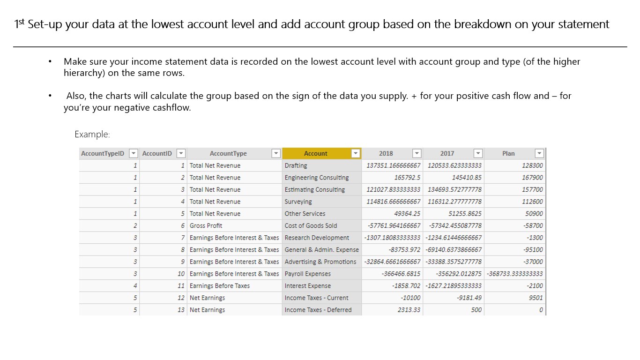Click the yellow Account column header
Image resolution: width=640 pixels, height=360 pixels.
pyautogui.click(x=315, y=153)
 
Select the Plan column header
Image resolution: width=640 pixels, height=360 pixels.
pyautogui.click(x=508, y=153)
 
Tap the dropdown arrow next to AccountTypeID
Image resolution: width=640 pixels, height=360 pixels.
pyautogui.click(x=134, y=153)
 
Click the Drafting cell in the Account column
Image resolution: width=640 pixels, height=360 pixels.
pyautogui.click(x=296, y=165)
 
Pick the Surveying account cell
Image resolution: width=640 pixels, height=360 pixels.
pyautogui.click(x=298, y=202)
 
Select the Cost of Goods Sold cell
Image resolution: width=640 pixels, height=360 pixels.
pyautogui.click(x=311, y=225)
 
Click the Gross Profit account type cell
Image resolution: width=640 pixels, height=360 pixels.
pyautogui.click(x=206, y=225)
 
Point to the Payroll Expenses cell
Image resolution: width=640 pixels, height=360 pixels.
pyautogui.click(x=308, y=274)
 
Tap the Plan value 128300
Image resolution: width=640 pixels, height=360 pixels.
pyautogui.click(x=532, y=165)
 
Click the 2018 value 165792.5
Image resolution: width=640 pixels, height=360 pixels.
pyautogui.click(x=408, y=178)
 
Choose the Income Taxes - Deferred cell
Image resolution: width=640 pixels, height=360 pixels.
pyautogui.click(x=318, y=310)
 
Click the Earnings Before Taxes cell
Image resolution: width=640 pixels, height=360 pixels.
pyautogui.click(x=220, y=286)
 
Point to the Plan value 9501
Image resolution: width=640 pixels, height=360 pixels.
pyautogui.click(x=536, y=298)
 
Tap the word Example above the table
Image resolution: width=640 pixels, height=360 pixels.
pyautogui.click(x=92, y=135)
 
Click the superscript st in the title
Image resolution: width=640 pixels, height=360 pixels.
pyautogui.click(x=22, y=21)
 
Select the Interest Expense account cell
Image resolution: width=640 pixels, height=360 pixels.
pyautogui.click(x=308, y=286)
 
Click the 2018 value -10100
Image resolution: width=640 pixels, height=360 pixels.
pyautogui.click(x=410, y=298)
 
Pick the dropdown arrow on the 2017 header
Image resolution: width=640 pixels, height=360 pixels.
pyautogui.click(x=477, y=153)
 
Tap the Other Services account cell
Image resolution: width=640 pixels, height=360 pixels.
pyautogui.click(x=305, y=214)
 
